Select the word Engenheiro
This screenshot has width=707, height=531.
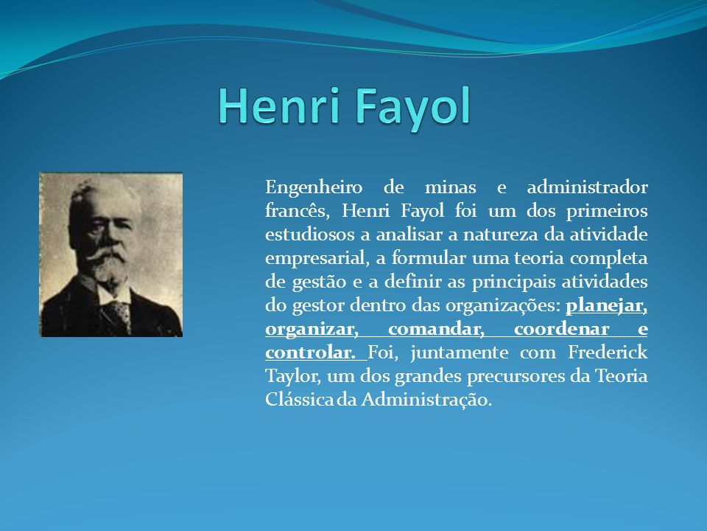coord(314,187)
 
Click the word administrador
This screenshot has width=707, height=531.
coord(587,187)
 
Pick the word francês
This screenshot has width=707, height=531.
coord(298,211)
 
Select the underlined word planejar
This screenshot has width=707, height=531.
coord(606,305)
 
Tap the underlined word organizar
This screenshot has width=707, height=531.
coord(312,329)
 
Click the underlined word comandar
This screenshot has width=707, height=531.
coord(436,329)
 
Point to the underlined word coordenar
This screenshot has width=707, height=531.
coord(561,329)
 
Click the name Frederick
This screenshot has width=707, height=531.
coord(608,352)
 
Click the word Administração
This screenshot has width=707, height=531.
coord(426,400)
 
